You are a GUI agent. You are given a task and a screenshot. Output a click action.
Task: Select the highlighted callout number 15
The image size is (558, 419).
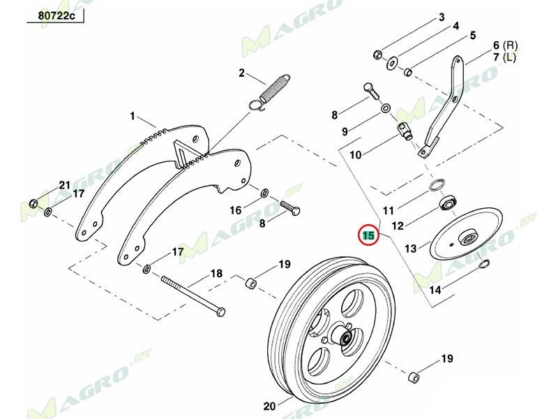(368, 235)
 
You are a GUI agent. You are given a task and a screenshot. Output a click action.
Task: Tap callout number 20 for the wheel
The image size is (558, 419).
(269, 405)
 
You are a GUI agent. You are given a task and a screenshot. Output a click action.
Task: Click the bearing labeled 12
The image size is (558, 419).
(446, 204)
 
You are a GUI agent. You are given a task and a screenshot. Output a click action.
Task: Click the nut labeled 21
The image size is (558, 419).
(33, 203)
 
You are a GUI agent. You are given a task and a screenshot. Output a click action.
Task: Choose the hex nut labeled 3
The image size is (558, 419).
(377, 54)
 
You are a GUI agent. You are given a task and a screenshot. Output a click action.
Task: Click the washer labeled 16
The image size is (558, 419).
(265, 192)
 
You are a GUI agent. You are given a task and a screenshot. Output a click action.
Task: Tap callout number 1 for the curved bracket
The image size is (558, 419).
(133, 115)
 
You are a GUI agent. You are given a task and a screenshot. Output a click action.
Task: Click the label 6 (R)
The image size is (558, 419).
(505, 43)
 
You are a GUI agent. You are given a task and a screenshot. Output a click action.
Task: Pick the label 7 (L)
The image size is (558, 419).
(505, 57)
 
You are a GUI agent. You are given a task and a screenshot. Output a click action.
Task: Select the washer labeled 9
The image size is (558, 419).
(386, 110)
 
